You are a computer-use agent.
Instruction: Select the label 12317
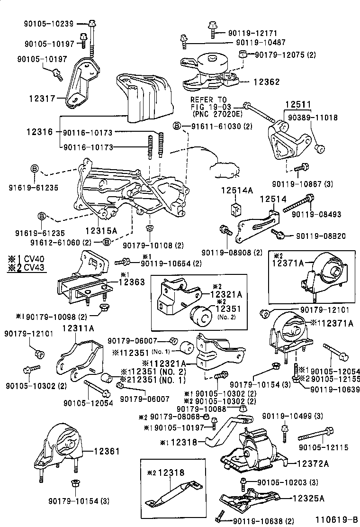pos(42,99)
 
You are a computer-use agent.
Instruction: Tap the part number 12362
pos(267,82)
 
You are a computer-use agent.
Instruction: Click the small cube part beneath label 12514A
pos(234,209)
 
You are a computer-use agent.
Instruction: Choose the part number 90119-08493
pos(316,215)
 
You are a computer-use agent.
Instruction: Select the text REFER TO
pos(209,100)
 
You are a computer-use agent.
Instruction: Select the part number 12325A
pos(309,498)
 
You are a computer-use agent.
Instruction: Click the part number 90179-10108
pos(146,245)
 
